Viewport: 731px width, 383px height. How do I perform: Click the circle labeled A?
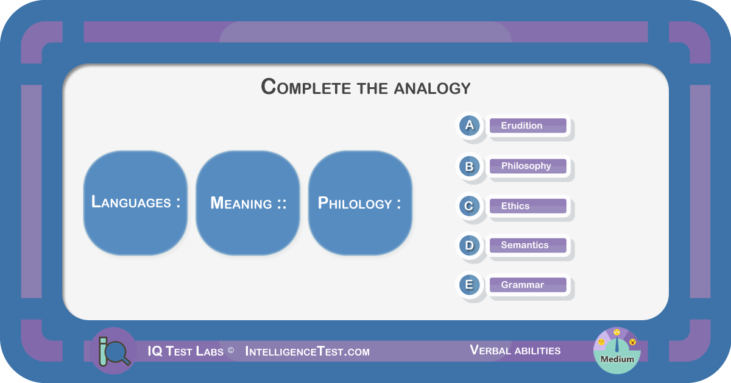[469, 126]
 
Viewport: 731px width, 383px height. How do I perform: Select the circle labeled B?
[469, 166]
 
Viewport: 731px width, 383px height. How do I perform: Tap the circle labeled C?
[469, 206]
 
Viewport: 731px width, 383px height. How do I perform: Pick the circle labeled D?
[469, 245]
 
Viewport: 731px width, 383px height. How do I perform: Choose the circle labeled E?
[469, 285]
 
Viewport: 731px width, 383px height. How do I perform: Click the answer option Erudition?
[528, 126]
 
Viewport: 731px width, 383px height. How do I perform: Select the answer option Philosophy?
[528, 166]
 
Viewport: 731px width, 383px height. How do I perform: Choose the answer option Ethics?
[528, 206]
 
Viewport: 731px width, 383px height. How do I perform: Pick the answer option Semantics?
[528, 245]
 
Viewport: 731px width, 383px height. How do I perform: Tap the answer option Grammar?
[528, 285]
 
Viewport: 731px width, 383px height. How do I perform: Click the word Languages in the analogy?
[131, 202]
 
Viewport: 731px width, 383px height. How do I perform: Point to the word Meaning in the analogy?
[241, 203]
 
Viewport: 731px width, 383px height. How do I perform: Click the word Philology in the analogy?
[355, 203]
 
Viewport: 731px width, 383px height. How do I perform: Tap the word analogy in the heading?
[432, 88]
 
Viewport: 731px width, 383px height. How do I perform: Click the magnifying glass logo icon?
[114, 351]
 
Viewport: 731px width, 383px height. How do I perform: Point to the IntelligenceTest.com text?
[307, 351]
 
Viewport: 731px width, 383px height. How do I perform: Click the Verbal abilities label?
[515, 350]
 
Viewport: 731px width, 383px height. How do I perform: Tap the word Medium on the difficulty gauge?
[617, 359]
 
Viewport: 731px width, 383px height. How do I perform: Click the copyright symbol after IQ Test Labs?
[231, 350]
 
